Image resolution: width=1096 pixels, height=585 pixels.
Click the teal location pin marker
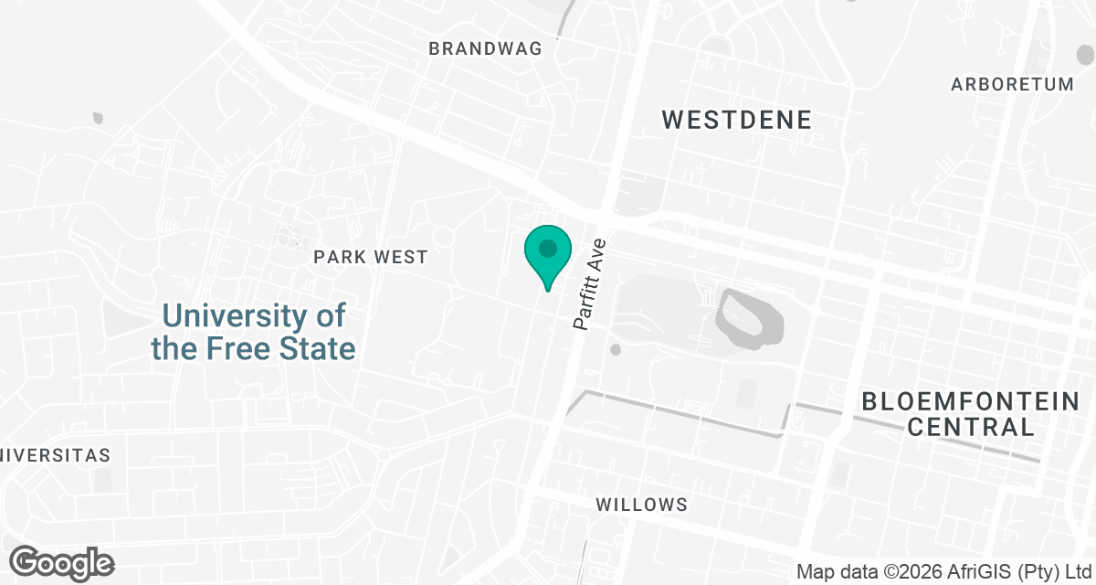pyautogui.click(x=547, y=255)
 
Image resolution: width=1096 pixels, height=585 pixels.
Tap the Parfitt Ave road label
pyautogui.click(x=590, y=284)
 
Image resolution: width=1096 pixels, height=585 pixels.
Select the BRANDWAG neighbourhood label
pyautogui.click(x=486, y=48)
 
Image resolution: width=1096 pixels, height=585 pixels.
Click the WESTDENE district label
pyautogui.click(x=737, y=120)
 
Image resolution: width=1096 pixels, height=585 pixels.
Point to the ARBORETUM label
pyautogui.click(x=1012, y=85)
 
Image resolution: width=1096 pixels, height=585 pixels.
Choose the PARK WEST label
pyautogui.click(x=371, y=258)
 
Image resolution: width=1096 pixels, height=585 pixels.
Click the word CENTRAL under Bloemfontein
pyautogui.click(x=972, y=426)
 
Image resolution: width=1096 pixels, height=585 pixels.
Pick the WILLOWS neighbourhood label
pyautogui.click(x=641, y=505)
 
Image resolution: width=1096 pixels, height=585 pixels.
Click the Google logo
pyautogui.click(x=62, y=562)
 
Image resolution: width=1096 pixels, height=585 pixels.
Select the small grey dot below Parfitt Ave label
pyautogui.click(x=616, y=349)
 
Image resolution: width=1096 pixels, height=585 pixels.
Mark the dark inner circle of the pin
pyautogui.click(x=547, y=248)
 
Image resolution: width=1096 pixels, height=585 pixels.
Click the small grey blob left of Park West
pyautogui.click(x=99, y=118)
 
